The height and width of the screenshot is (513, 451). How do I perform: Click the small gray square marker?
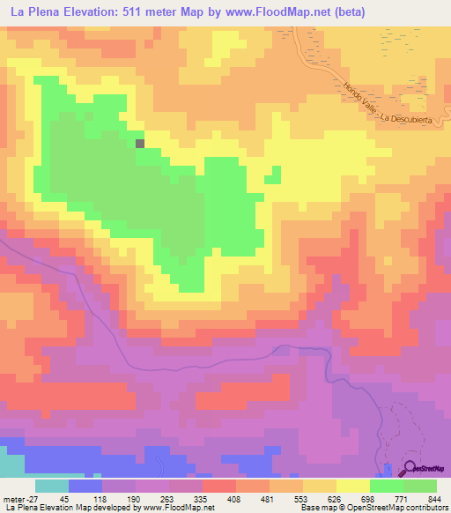click(140, 142)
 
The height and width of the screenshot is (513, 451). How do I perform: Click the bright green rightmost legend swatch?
click(419, 486)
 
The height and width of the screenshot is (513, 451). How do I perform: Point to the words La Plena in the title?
click(35, 11)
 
